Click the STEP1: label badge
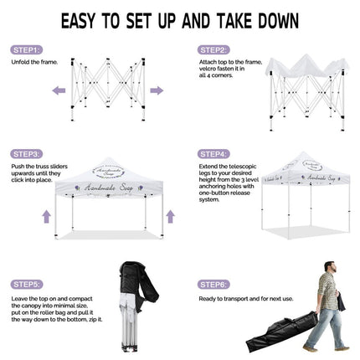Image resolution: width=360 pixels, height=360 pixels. [27, 50]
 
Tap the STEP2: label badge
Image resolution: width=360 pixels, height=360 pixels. [213, 50]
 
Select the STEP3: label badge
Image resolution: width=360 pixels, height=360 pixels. [27, 154]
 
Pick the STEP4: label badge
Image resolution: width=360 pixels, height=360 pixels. [213, 154]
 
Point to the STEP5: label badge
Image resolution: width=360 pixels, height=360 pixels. [27, 284]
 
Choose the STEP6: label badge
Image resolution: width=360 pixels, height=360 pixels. [213, 284]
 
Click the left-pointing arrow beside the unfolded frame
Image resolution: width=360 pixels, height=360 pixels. [59, 90]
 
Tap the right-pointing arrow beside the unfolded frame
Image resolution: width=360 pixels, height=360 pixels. [157, 90]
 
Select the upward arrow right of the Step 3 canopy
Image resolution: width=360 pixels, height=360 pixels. [170, 216]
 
